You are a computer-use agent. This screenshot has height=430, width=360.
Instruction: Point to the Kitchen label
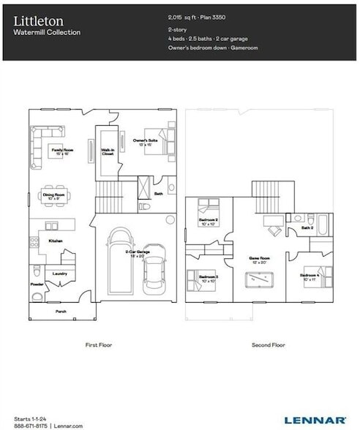[56, 241]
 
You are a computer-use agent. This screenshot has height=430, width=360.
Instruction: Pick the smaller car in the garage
[154, 269]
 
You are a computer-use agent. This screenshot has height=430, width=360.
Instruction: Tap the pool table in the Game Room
[260, 280]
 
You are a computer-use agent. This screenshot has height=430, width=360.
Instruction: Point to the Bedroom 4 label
[309, 276]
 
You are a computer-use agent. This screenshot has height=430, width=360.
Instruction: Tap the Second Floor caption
[269, 344]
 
